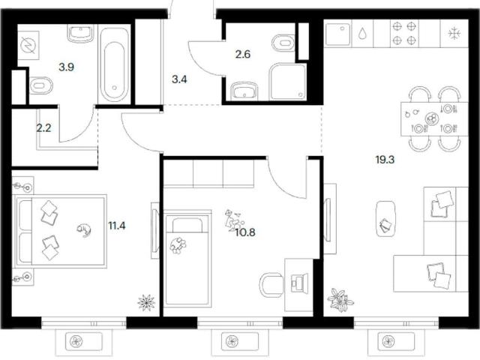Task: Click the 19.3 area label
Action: tap(385, 160)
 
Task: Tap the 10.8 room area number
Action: tap(245, 232)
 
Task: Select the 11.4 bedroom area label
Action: tap(117, 226)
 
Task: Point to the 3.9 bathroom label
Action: tap(67, 67)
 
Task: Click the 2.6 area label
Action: tap(243, 54)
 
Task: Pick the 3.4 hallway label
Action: tap(179, 79)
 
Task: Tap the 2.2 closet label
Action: tap(43, 128)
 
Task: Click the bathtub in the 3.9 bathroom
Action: tap(114, 65)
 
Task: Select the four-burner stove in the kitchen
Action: tap(405, 33)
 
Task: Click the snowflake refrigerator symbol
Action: tap(454, 33)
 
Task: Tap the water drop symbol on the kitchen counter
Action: tap(362, 33)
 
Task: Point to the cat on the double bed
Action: tap(84, 229)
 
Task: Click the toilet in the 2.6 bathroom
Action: tap(283, 43)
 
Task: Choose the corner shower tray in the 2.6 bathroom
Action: tap(288, 82)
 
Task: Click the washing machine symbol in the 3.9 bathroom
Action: tap(28, 45)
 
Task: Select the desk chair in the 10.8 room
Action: tap(271, 285)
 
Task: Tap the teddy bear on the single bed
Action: tap(178, 245)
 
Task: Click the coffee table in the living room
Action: tap(385, 218)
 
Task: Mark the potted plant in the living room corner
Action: tap(340, 299)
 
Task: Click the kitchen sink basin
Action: tap(338, 33)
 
